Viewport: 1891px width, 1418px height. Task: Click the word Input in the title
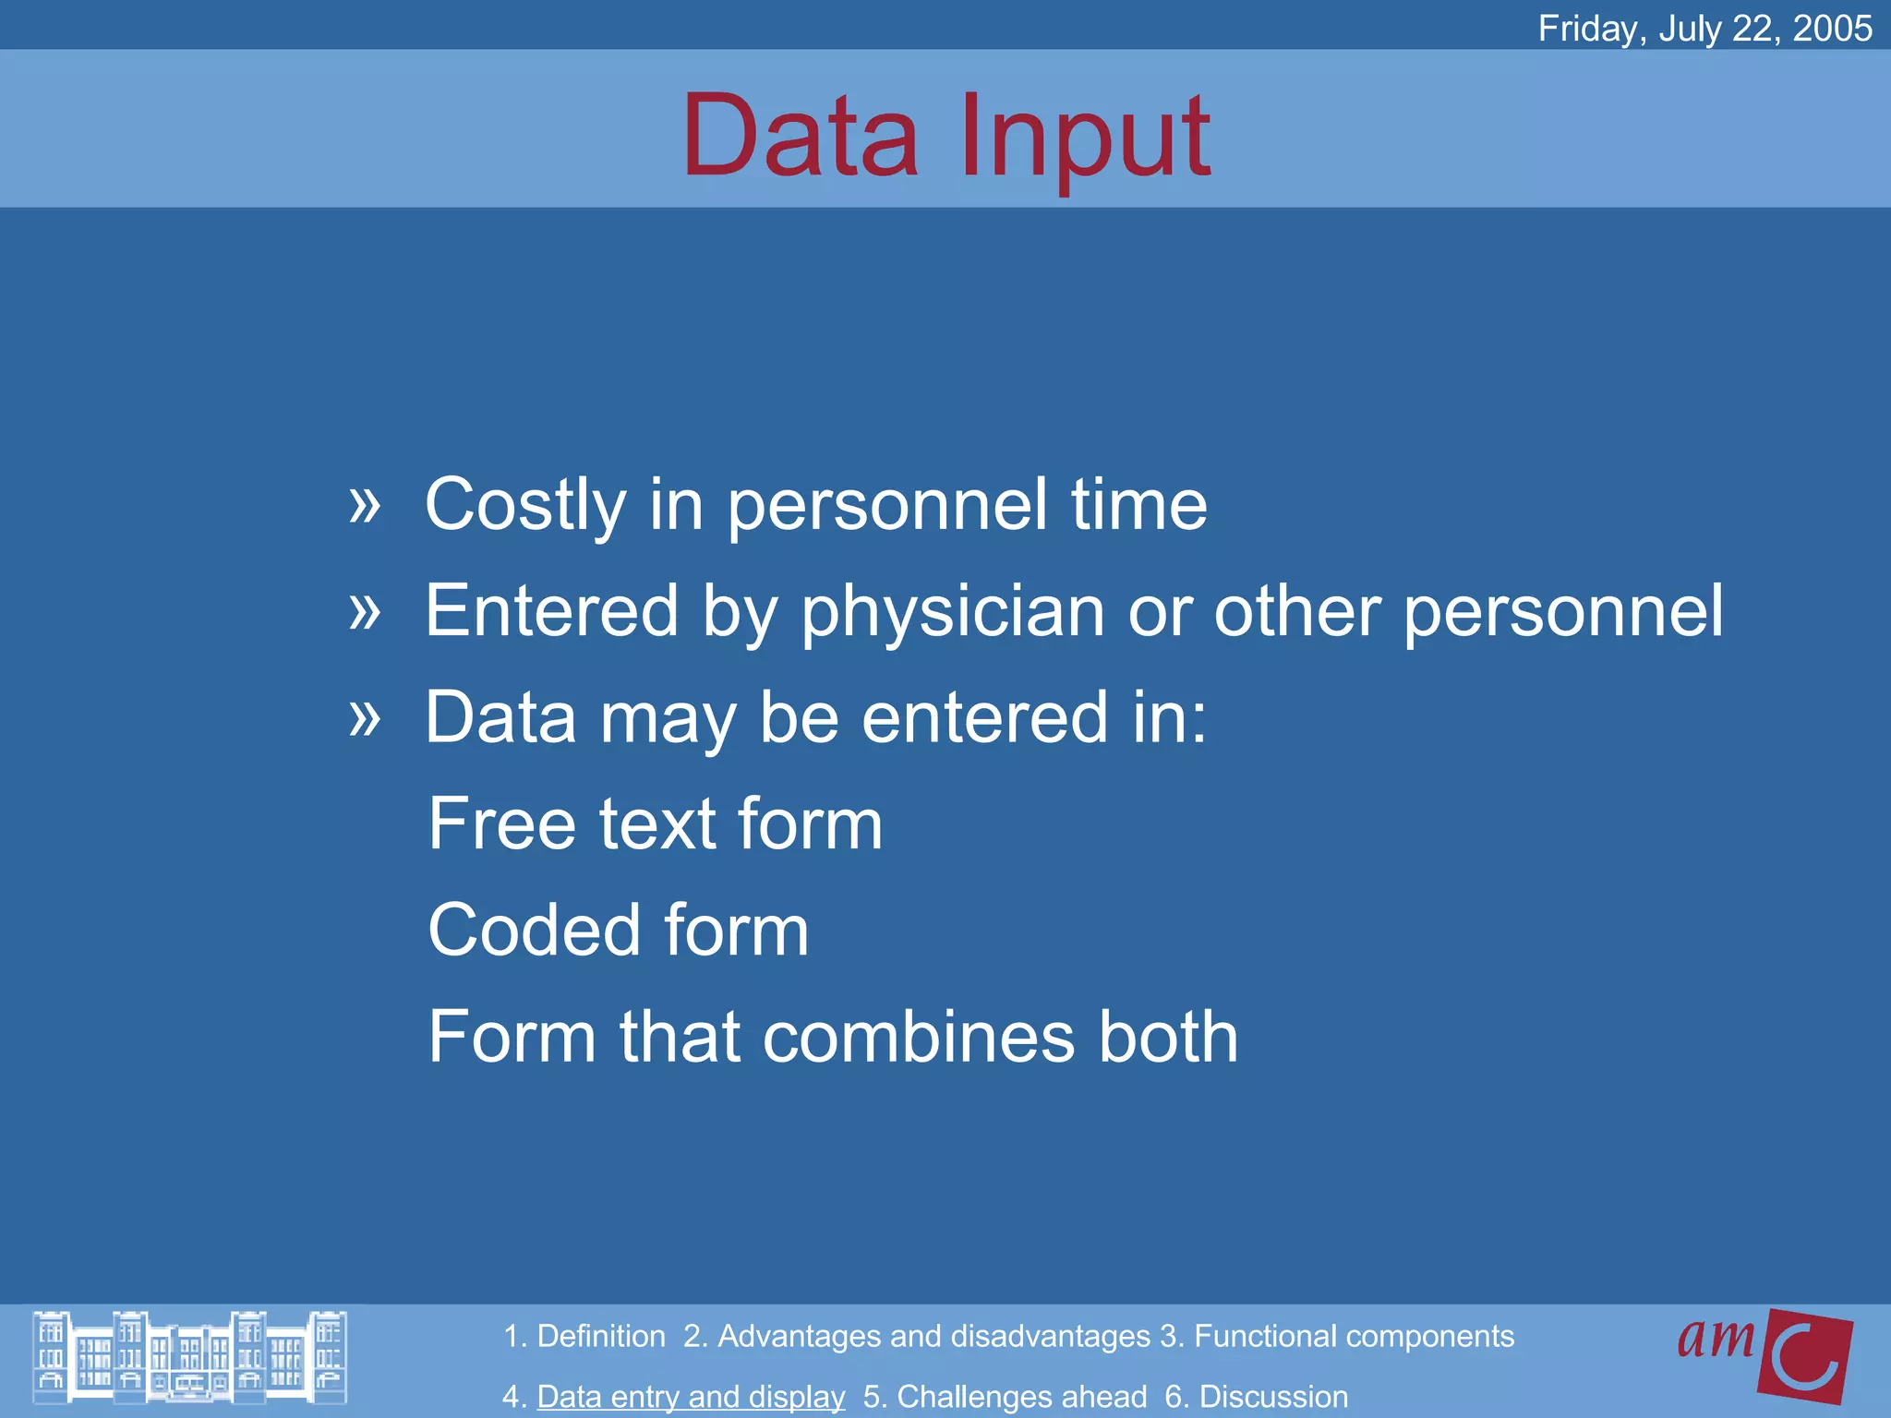point(1084,138)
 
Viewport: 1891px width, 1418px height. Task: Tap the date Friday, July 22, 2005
point(1704,28)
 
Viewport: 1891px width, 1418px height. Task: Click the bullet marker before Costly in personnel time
point(365,504)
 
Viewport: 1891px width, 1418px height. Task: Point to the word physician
point(952,613)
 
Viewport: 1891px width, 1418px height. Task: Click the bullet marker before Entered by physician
point(365,610)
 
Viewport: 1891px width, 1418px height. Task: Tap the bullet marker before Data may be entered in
point(365,716)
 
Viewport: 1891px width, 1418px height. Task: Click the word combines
point(919,1037)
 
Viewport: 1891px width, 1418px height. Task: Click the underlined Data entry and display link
point(691,1396)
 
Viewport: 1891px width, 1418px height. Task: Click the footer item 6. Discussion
point(1256,1396)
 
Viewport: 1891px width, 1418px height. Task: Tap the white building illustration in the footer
point(189,1357)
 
